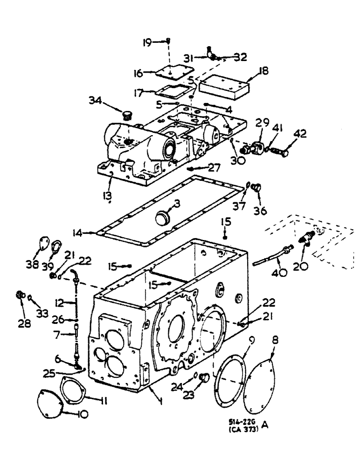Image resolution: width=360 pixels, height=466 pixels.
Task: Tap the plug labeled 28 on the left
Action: point(19,295)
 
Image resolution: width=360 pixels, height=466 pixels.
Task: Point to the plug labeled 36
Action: point(256,188)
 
